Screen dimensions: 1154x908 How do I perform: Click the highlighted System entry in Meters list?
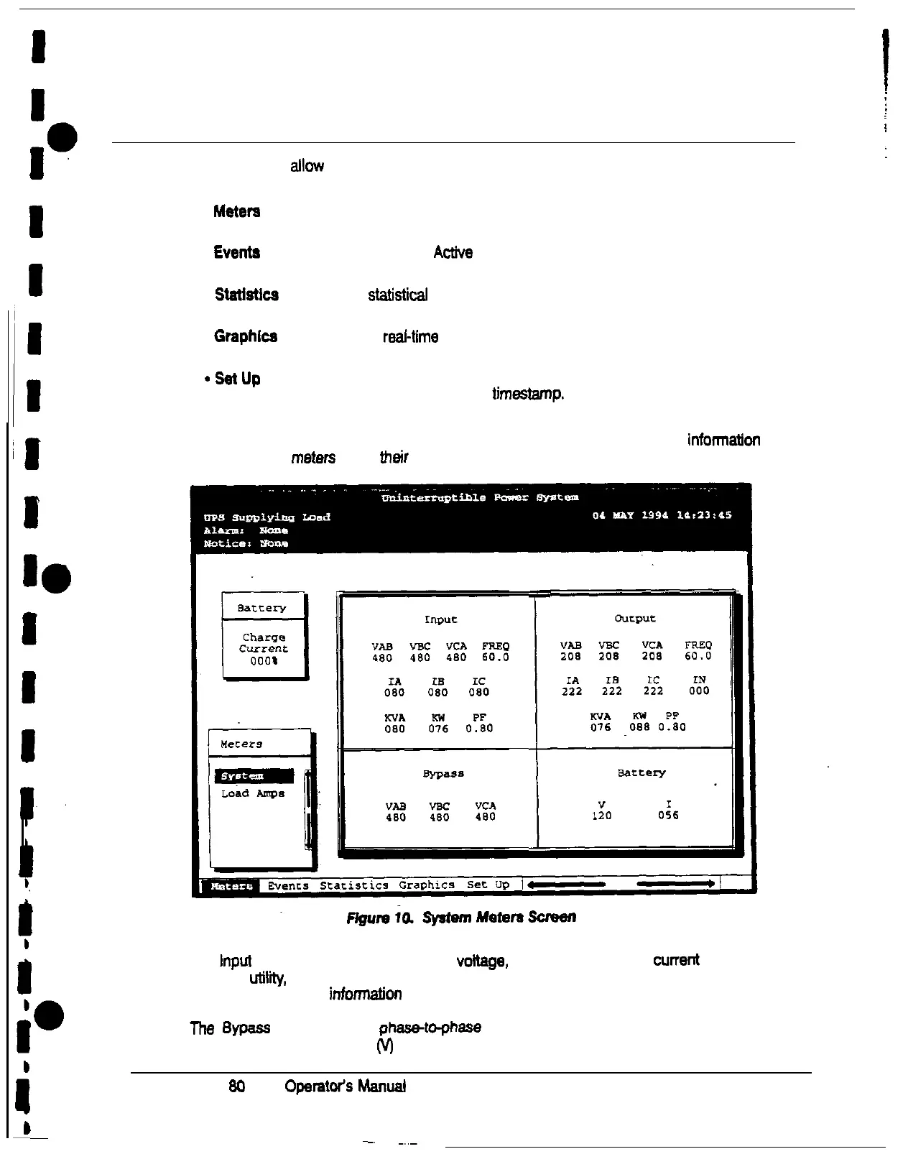click(x=254, y=776)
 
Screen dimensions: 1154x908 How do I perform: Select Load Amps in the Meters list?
click(x=252, y=793)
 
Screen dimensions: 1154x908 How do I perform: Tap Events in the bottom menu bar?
click(x=288, y=886)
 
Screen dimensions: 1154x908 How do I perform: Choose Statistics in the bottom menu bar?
click(x=354, y=885)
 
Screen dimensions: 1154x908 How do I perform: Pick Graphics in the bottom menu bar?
click(x=427, y=885)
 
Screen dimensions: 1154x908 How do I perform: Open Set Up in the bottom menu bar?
click(x=488, y=885)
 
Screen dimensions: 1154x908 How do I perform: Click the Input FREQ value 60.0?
click(x=496, y=657)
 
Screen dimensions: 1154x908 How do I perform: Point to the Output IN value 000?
click(x=699, y=691)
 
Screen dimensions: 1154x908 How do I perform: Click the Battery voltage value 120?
click(x=601, y=816)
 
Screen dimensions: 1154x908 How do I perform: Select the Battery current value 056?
click(x=668, y=816)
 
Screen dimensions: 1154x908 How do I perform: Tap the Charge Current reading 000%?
click(x=264, y=661)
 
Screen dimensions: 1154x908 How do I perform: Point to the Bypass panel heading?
click(x=443, y=774)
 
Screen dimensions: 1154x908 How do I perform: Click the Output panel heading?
click(x=635, y=619)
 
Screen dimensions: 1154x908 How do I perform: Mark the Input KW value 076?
click(x=438, y=729)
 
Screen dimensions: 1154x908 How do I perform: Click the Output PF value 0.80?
click(x=672, y=726)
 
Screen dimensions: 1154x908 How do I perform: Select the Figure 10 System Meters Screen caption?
click(x=461, y=918)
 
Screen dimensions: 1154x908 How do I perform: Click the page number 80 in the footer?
click(x=236, y=1086)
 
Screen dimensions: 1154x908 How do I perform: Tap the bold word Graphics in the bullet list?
click(x=246, y=336)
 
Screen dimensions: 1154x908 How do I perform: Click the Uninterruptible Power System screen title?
click(x=480, y=498)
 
